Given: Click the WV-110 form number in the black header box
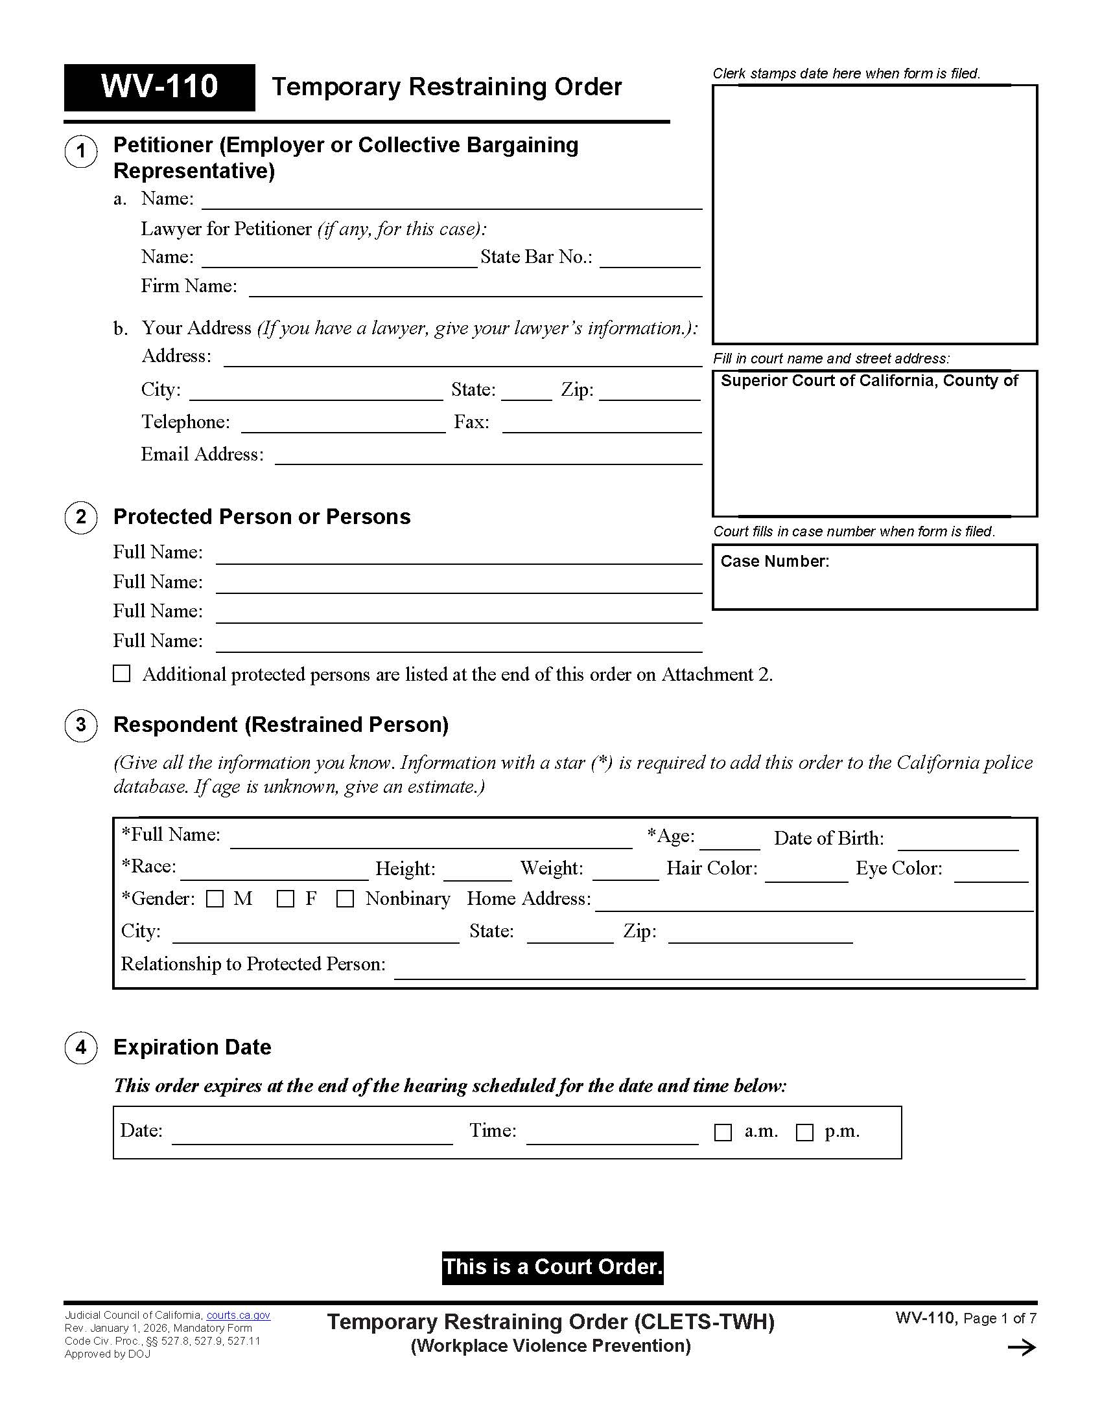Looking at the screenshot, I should coord(159,87).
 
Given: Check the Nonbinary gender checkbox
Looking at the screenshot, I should coord(345,899).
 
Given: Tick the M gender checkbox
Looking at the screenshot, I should coord(215,899).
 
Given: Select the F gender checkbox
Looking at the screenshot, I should coord(285,899).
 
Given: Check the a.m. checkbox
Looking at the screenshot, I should coord(723,1132).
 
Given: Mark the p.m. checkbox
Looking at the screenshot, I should coord(804,1132).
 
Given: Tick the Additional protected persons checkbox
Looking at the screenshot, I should coord(122,674).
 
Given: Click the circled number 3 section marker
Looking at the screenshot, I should coord(81,725).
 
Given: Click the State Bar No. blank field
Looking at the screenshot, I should coord(650,258).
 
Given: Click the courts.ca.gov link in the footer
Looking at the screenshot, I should coord(239,1316).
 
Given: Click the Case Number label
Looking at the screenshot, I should coord(774,561).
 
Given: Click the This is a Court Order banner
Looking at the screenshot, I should coord(552,1267).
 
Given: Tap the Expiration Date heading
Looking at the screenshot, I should coord(192,1047).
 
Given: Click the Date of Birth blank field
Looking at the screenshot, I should coord(957,841).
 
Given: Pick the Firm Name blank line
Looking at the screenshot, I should coord(475,288).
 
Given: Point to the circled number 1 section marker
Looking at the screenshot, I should coord(81,152).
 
